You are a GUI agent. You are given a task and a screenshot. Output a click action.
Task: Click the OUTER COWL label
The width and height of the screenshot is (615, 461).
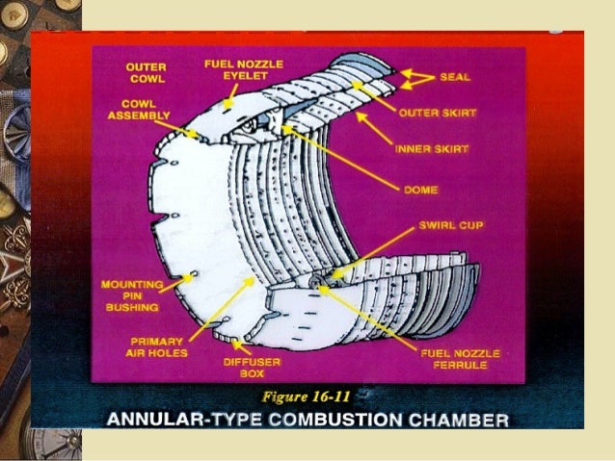click(146, 73)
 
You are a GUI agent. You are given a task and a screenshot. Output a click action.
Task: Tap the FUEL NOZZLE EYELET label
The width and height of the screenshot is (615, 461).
click(237, 68)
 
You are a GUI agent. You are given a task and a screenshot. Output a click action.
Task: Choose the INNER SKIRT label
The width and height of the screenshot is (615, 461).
click(431, 149)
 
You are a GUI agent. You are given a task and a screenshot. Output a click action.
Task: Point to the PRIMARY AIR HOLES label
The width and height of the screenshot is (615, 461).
click(158, 346)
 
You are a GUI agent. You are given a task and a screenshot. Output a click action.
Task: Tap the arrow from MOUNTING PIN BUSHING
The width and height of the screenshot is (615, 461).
click(175, 280)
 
